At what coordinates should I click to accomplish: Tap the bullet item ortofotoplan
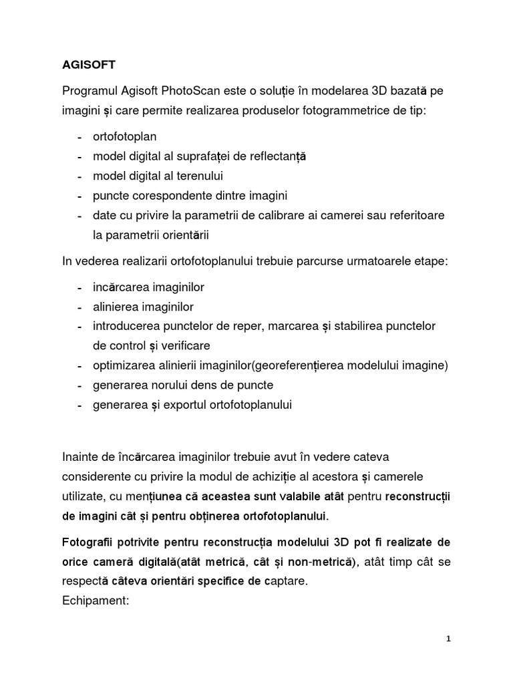coord(126,137)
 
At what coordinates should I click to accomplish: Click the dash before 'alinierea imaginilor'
coord(80,307)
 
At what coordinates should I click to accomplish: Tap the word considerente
coord(100,478)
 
